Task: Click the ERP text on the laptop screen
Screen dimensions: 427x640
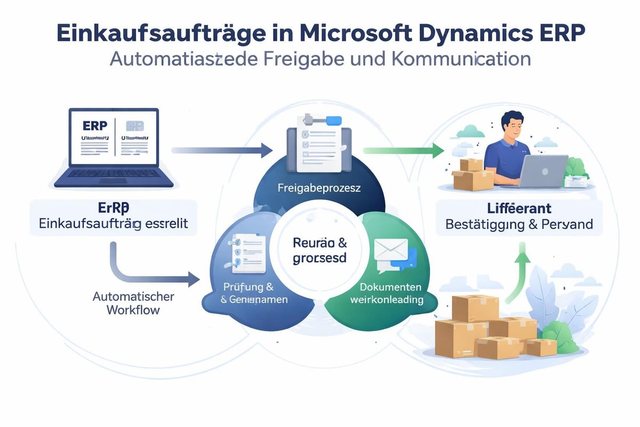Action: pos(95,125)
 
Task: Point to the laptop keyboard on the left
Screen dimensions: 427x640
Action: pos(121,173)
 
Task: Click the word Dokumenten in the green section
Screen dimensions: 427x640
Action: pos(387,287)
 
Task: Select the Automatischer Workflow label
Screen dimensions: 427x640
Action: pos(133,303)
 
